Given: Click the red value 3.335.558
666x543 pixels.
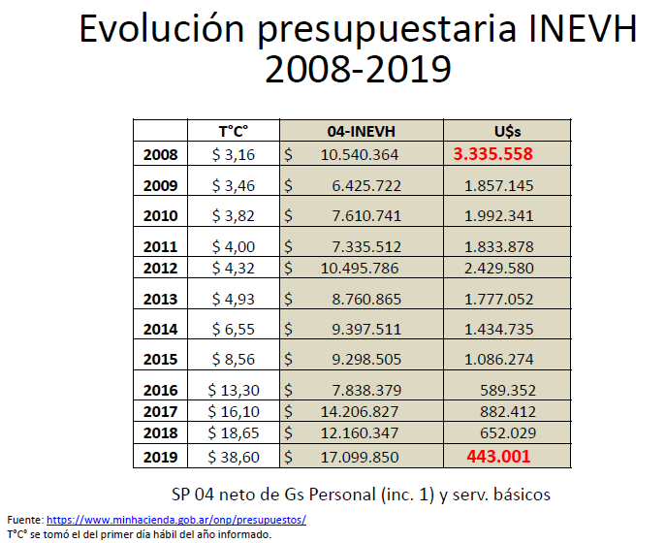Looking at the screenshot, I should (x=493, y=154).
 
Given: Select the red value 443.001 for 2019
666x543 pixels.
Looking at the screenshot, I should (x=501, y=457).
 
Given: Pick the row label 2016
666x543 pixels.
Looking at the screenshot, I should (x=160, y=390).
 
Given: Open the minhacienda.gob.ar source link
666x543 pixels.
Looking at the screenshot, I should (x=176, y=521).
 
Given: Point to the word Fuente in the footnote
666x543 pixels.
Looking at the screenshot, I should (x=24, y=521).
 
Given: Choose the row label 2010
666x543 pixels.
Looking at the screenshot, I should (x=160, y=216).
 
